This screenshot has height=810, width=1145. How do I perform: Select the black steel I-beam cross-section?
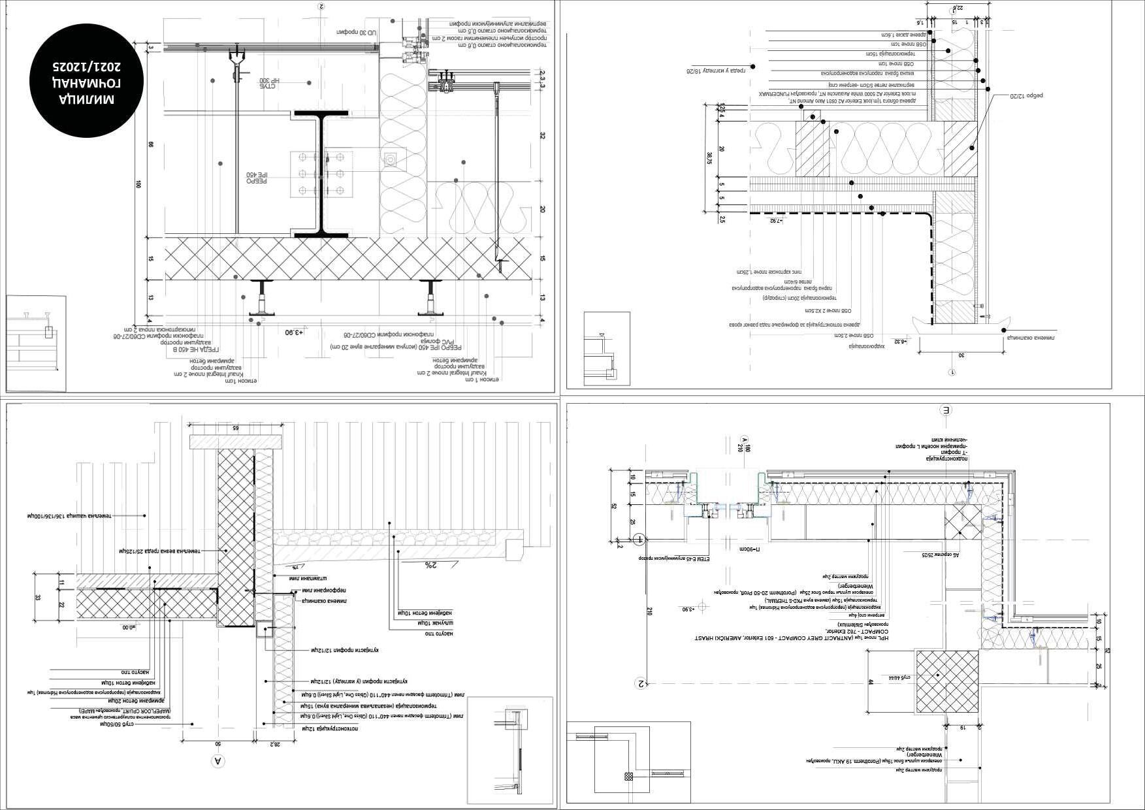(x=321, y=174)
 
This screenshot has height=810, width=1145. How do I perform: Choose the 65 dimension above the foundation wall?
(x=236, y=428)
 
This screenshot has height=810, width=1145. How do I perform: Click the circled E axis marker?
(x=945, y=410)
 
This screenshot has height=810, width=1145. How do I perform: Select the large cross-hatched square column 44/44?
(x=946, y=681)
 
